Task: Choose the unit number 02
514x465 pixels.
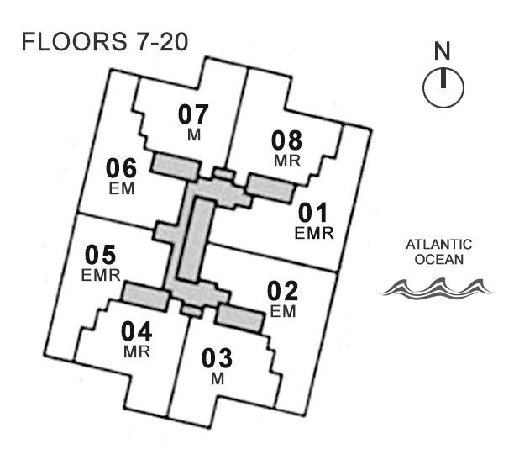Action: tap(283, 292)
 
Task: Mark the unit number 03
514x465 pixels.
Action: tap(218, 357)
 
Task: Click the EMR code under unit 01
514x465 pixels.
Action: tap(314, 232)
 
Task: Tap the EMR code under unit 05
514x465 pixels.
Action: tap(102, 274)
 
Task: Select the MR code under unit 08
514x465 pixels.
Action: tap(287, 159)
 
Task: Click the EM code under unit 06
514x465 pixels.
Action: tap(122, 188)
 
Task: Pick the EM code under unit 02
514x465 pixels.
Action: tap(283, 312)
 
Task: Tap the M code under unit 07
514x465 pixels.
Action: tap(193, 135)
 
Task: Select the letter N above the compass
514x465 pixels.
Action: tap(443, 52)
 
